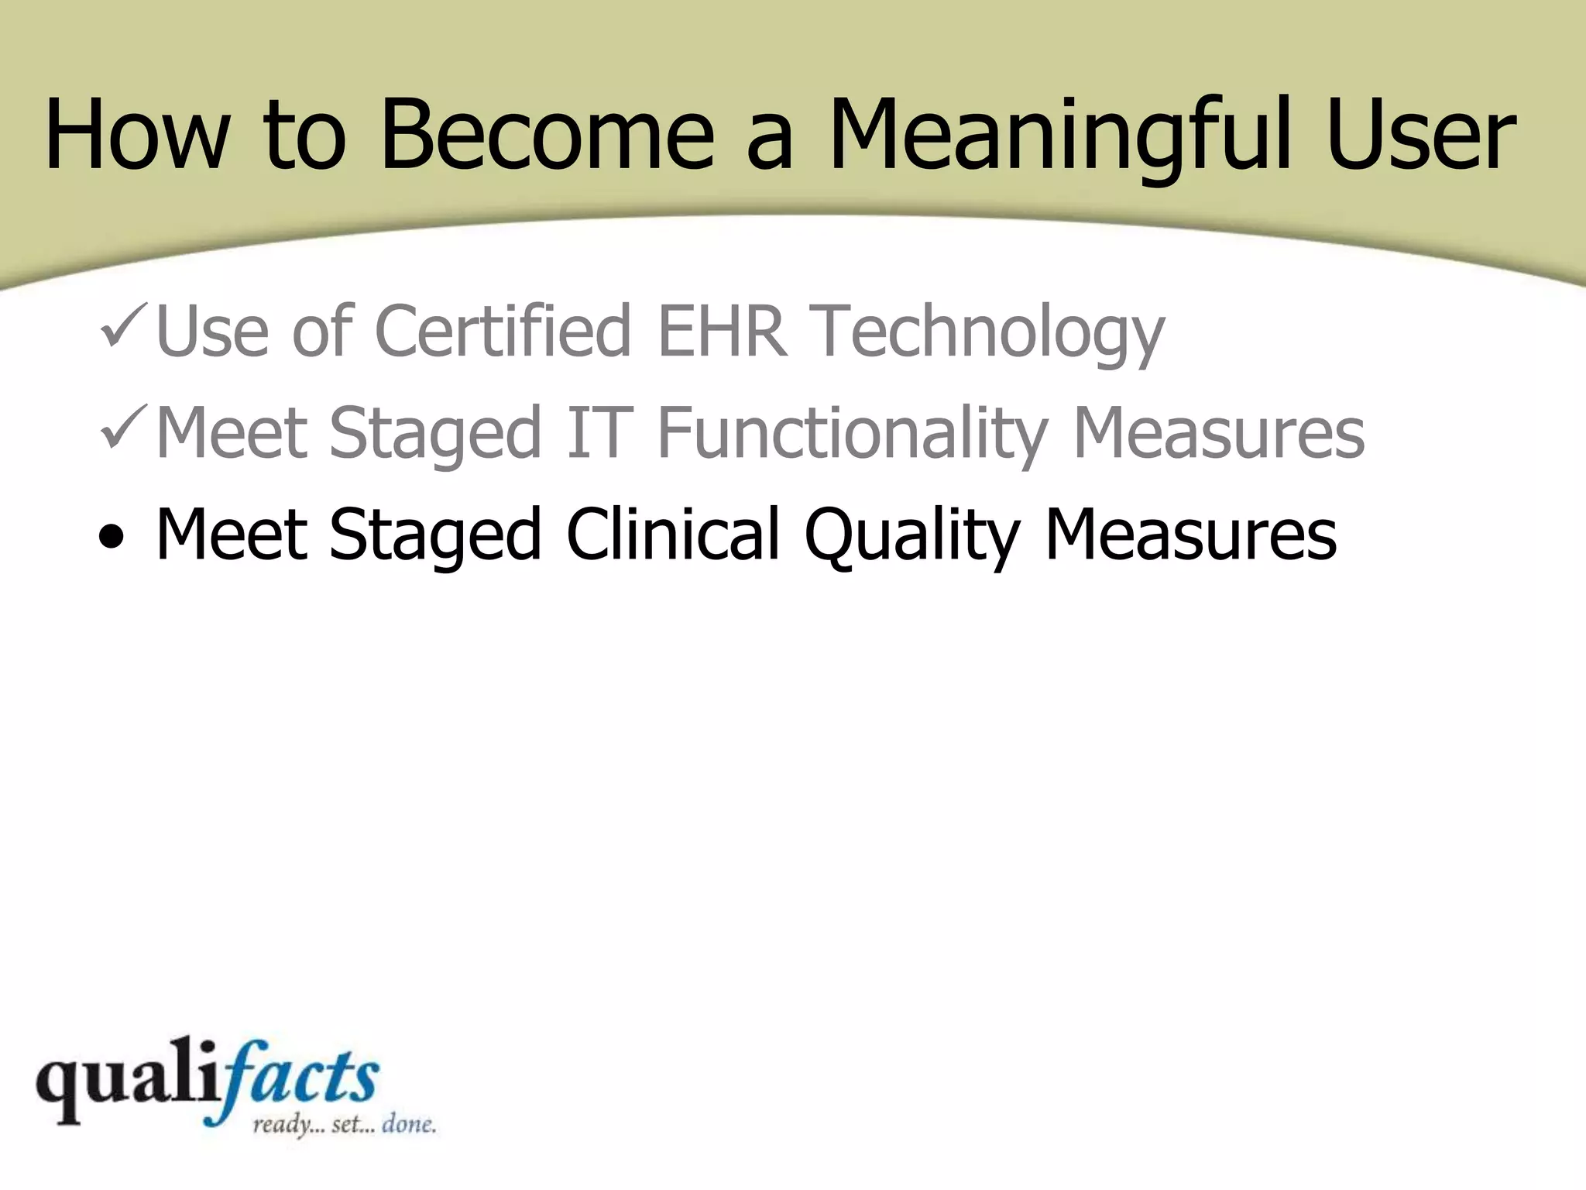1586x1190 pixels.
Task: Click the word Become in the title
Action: (x=547, y=133)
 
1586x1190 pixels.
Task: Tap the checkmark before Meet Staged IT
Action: (x=122, y=428)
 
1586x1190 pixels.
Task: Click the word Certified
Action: (x=502, y=332)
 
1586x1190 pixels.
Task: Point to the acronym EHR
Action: (x=721, y=332)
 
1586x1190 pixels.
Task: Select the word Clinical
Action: (x=672, y=535)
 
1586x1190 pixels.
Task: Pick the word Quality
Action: (x=912, y=536)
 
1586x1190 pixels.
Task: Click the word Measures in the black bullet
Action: (x=1190, y=535)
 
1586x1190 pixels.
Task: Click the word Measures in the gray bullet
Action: (x=1218, y=434)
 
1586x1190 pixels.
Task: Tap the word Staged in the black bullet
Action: (x=434, y=536)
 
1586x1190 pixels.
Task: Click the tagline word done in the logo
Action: (x=408, y=1124)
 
